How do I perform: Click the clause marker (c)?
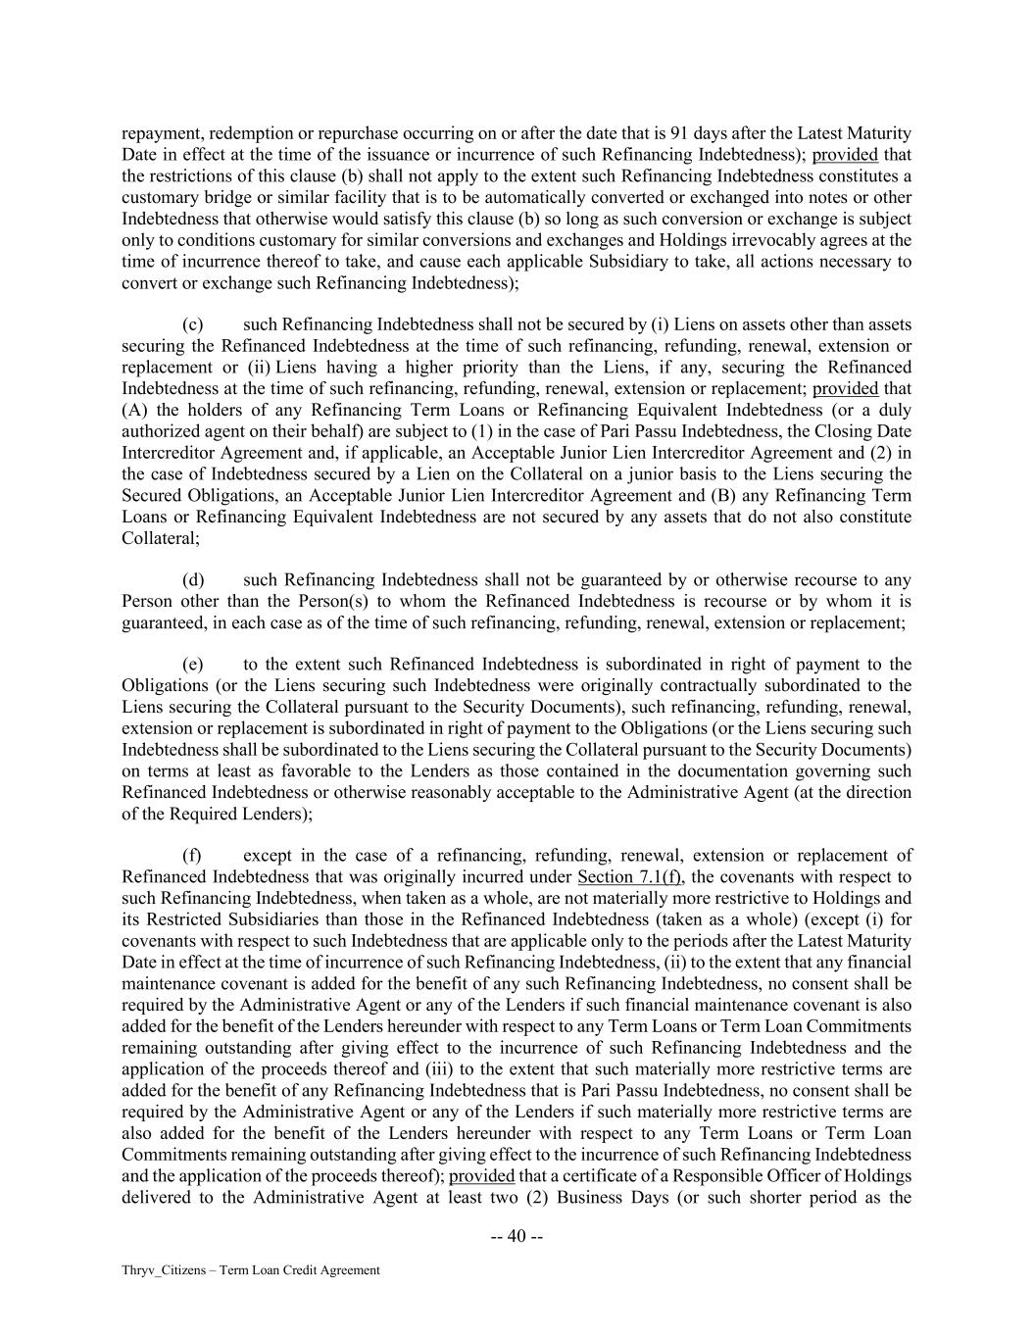193,324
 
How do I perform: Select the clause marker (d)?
193,580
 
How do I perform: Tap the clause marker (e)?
193,665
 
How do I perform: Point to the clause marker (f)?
192,856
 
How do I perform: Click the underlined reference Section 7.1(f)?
630,876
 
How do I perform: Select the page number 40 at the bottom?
517,1236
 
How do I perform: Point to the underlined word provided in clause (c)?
845,389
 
